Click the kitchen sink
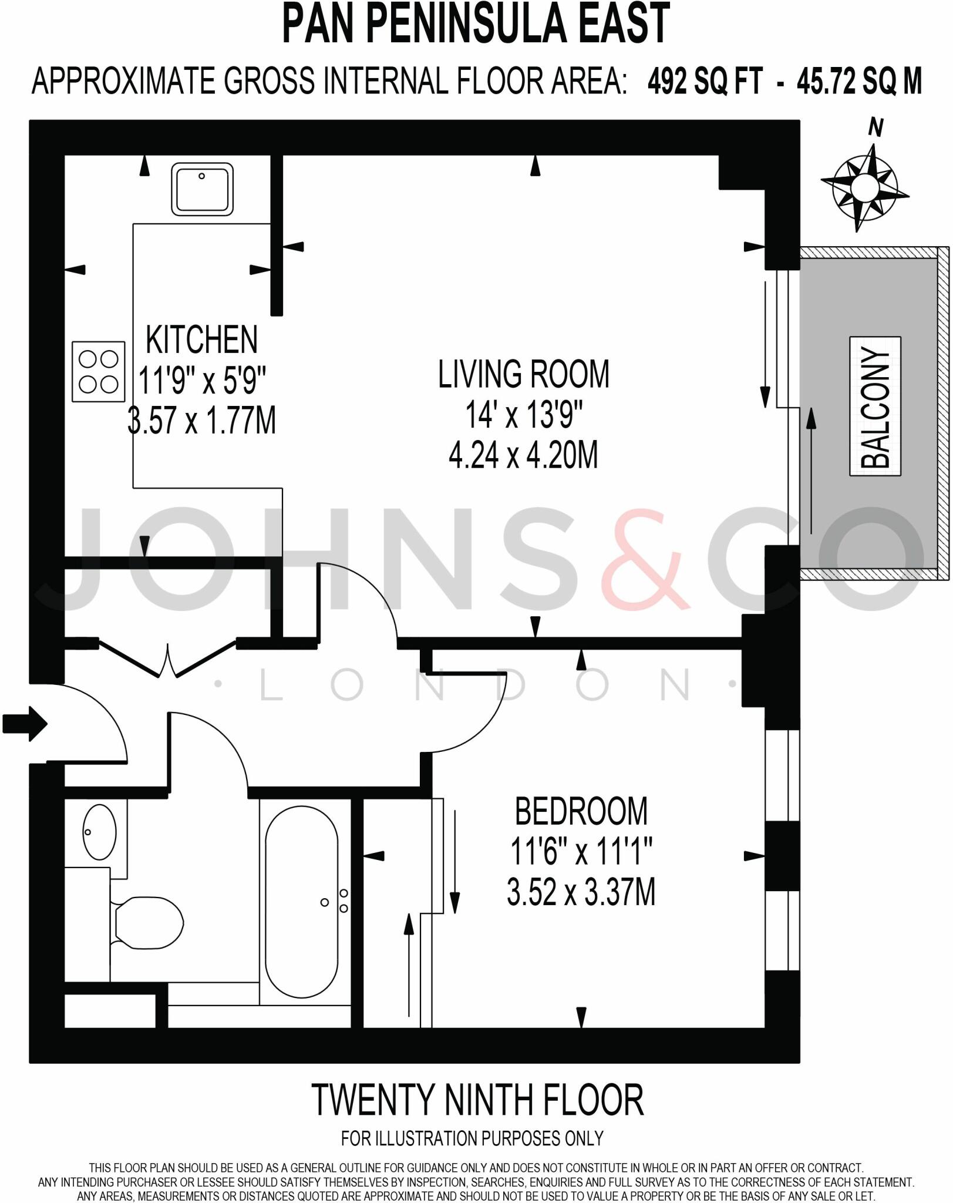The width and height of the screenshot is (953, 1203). click(x=202, y=189)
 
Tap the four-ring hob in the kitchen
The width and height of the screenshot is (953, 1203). click(x=99, y=371)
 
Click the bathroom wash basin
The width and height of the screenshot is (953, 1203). click(x=99, y=832)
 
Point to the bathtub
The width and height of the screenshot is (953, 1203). click(x=302, y=902)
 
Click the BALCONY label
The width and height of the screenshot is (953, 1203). click(x=875, y=406)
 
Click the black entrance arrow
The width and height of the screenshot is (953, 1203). click(x=25, y=724)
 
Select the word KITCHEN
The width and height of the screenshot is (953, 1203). click(x=201, y=340)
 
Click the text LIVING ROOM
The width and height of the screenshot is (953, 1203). click(x=523, y=374)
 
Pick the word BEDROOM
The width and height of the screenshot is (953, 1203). click(x=581, y=811)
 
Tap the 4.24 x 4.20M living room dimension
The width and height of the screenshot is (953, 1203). click(x=523, y=455)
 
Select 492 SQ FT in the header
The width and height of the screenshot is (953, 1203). click(x=705, y=81)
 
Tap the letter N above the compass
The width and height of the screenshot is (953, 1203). click(x=875, y=127)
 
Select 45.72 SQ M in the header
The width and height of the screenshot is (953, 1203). click(x=859, y=81)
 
